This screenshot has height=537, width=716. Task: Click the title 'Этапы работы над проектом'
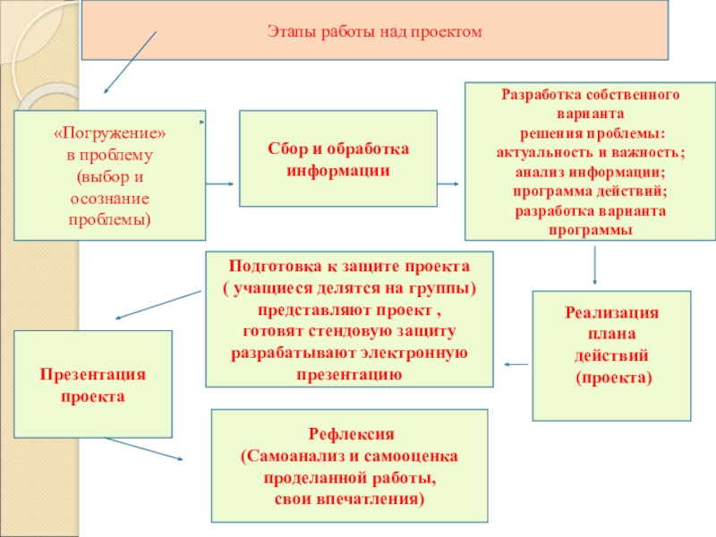click(x=374, y=32)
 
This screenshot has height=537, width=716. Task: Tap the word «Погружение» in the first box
click(x=110, y=132)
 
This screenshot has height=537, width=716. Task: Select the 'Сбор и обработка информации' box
click(x=337, y=158)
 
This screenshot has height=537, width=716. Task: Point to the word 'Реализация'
click(x=612, y=313)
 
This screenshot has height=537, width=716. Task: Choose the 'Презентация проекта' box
click(x=92, y=383)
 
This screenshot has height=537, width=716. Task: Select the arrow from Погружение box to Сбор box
click(x=220, y=184)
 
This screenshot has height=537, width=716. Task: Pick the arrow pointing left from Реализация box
click(x=516, y=364)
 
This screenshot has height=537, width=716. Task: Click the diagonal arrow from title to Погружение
click(x=131, y=63)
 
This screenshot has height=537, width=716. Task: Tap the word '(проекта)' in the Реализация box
click(x=613, y=379)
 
